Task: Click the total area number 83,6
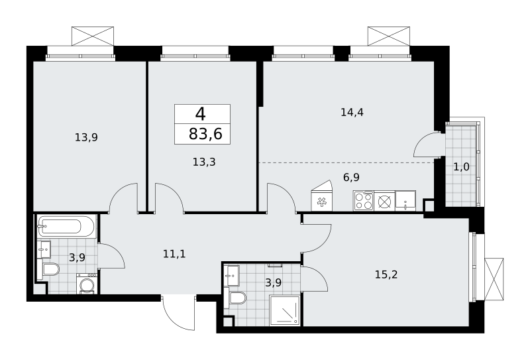(x=205, y=134)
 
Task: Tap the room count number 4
(x=201, y=113)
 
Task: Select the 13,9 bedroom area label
(x=86, y=137)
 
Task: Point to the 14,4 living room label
(x=352, y=112)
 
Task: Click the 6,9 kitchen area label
(x=351, y=177)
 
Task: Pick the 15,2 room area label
(x=386, y=274)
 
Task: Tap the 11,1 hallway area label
(x=174, y=253)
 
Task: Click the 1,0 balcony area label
(x=461, y=167)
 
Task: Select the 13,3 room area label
(x=204, y=162)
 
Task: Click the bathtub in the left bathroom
(x=66, y=226)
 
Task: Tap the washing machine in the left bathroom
(x=87, y=284)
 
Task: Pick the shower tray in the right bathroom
(x=285, y=311)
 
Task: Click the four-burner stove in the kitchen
(x=363, y=201)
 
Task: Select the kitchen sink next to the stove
(x=405, y=201)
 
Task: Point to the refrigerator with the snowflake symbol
(x=321, y=200)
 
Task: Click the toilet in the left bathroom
(x=50, y=270)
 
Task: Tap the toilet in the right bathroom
(x=237, y=298)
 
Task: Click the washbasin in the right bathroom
(x=233, y=275)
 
